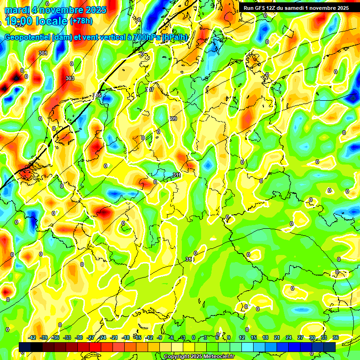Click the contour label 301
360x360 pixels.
pyautogui.click(x=43, y=53)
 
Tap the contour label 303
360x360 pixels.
pyautogui.click(x=70, y=78)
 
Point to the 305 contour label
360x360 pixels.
pyautogui.click(x=97, y=96)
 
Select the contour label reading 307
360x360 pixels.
pyautogui.click(x=150, y=90)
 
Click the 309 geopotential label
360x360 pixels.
pyautogui.click(x=172, y=119)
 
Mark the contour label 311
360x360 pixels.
pyautogui.click(x=177, y=175)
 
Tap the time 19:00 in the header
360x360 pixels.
pyautogui.click(x=25, y=21)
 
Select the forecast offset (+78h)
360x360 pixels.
pyautogui.click(x=81, y=21)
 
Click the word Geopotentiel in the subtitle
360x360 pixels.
pyautogui.click(x=28, y=37)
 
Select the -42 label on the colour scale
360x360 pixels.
pyautogui.click(x=32, y=337)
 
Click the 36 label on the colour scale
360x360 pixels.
pyautogui.click(x=335, y=337)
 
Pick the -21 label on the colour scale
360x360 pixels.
pyautogui.click(x=114, y=337)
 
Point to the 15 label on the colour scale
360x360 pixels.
pyautogui.click(x=254, y=337)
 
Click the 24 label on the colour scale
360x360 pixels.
pyautogui.click(x=288, y=337)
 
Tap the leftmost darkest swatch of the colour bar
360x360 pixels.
pyautogui.click(x=25, y=347)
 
